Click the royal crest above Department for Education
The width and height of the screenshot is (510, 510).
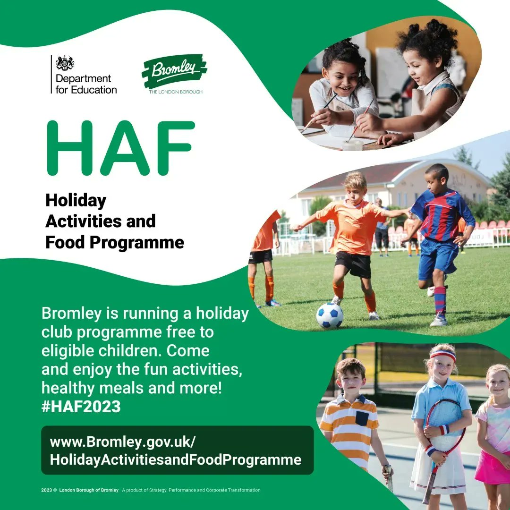(65, 63)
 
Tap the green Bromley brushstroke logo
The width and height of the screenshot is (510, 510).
(174, 71)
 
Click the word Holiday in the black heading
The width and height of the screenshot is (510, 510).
(76, 201)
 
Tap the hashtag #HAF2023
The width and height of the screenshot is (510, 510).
(81, 407)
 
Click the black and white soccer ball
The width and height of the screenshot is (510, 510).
(330, 316)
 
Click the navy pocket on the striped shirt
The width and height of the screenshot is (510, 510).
(362, 418)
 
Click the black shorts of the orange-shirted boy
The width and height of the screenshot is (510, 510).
(354, 264)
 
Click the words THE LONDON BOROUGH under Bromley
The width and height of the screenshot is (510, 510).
(176, 92)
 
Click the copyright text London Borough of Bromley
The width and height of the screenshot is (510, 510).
(89, 490)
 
